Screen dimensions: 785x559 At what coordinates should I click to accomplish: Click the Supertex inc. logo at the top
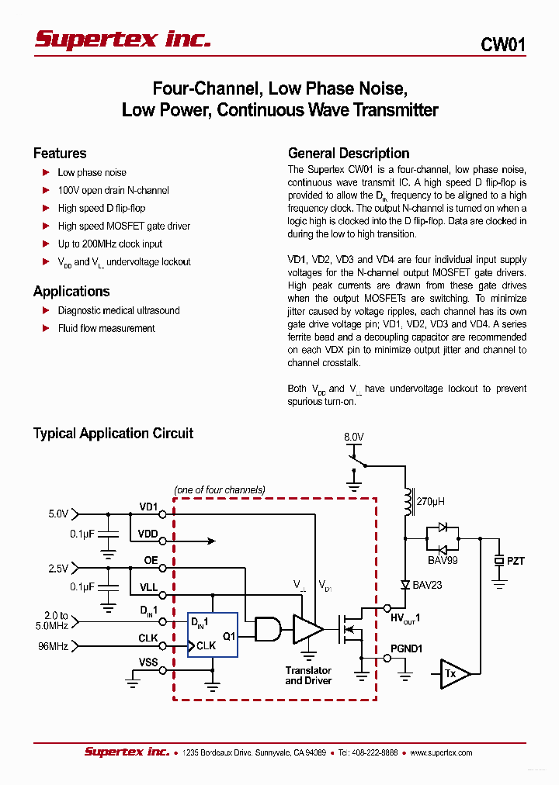tap(123, 40)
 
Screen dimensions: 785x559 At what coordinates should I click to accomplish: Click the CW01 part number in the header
tap(502, 45)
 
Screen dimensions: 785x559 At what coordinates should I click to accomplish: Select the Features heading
tap(60, 154)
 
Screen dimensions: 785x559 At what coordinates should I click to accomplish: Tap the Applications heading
tap(71, 292)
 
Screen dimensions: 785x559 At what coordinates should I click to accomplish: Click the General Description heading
tap(348, 154)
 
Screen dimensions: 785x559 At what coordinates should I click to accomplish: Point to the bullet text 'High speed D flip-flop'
tap(101, 208)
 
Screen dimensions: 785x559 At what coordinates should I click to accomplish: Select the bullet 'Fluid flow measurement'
tap(106, 328)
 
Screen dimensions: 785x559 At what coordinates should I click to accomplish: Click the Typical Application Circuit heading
tap(113, 434)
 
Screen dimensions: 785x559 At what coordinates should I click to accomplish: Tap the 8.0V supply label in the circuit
tap(353, 437)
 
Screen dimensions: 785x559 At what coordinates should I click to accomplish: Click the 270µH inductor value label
tap(430, 502)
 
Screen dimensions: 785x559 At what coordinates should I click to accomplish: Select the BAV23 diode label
tap(427, 585)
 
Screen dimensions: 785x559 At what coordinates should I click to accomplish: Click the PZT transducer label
tap(516, 561)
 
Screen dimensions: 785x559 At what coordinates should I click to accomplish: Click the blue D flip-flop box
tap(213, 635)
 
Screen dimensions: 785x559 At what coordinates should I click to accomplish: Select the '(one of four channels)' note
tap(220, 489)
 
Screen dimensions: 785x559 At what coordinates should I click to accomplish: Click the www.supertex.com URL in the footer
tap(441, 752)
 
